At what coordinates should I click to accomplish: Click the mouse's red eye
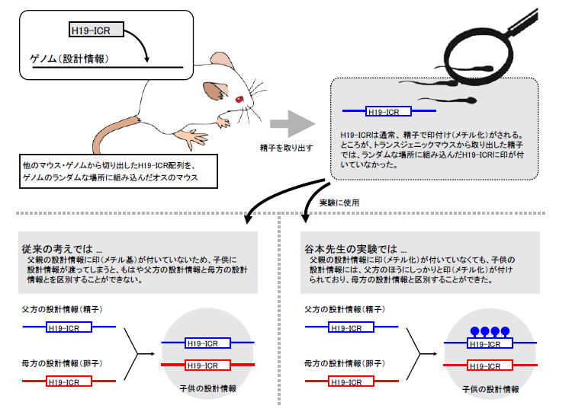click(239, 99)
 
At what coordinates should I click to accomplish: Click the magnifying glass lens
click(477, 55)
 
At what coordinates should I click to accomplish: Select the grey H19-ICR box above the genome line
click(96, 30)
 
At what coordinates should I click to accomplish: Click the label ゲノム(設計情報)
click(69, 59)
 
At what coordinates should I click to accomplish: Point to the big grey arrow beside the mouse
click(293, 124)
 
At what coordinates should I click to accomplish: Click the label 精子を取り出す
click(286, 148)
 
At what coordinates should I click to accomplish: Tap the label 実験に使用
click(339, 203)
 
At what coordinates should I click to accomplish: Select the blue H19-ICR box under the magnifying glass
click(388, 111)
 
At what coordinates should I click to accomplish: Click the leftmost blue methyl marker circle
click(474, 331)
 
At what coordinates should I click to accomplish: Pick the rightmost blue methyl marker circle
click(505, 331)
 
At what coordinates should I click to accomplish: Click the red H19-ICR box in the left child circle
click(207, 365)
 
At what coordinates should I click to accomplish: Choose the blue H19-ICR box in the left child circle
click(207, 343)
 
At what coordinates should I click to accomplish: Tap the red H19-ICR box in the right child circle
click(490, 365)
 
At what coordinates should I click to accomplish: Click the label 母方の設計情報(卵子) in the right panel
click(345, 363)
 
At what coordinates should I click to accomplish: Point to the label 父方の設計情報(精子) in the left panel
click(62, 309)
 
